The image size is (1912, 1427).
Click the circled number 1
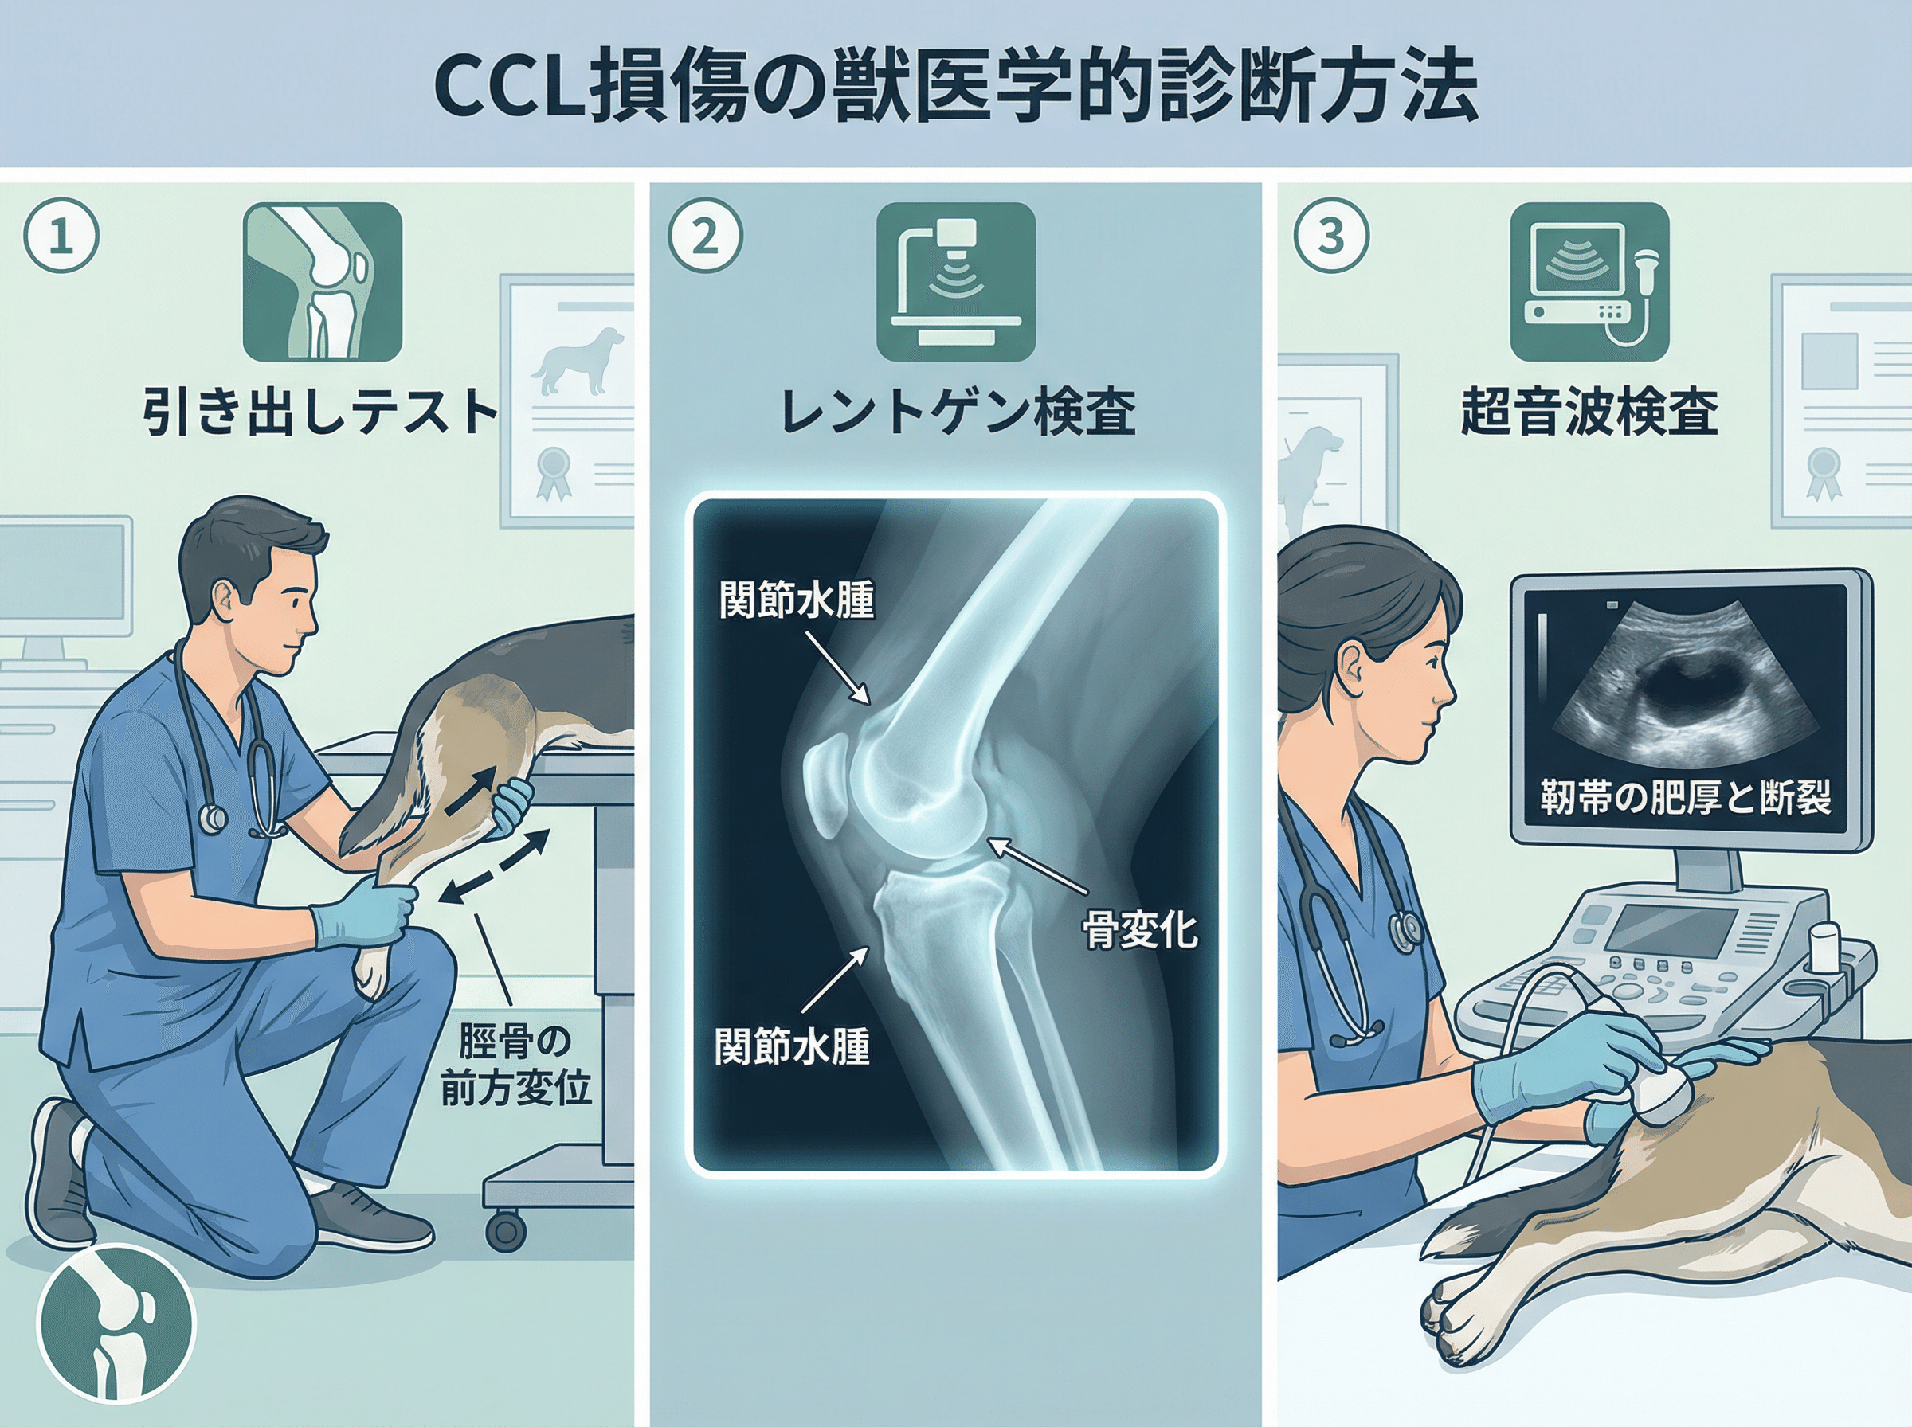(x=61, y=236)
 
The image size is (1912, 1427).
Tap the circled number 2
(x=705, y=236)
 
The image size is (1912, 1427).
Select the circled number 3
(x=1331, y=236)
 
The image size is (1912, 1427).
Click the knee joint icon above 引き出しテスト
(x=323, y=282)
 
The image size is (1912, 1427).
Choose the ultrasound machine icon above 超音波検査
(x=1589, y=282)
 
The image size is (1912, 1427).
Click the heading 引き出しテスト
(x=320, y=412)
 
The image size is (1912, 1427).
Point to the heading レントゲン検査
(x=958, y=412)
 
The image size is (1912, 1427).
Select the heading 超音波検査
(x=1589, y=412)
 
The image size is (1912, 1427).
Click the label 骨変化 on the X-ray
(x=1141, y=930)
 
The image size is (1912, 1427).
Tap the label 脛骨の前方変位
(x=515, y=1064)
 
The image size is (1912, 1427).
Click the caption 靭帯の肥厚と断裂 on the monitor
(x=1686, y=797)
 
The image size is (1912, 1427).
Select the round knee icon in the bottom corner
(x=116, y=1324)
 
